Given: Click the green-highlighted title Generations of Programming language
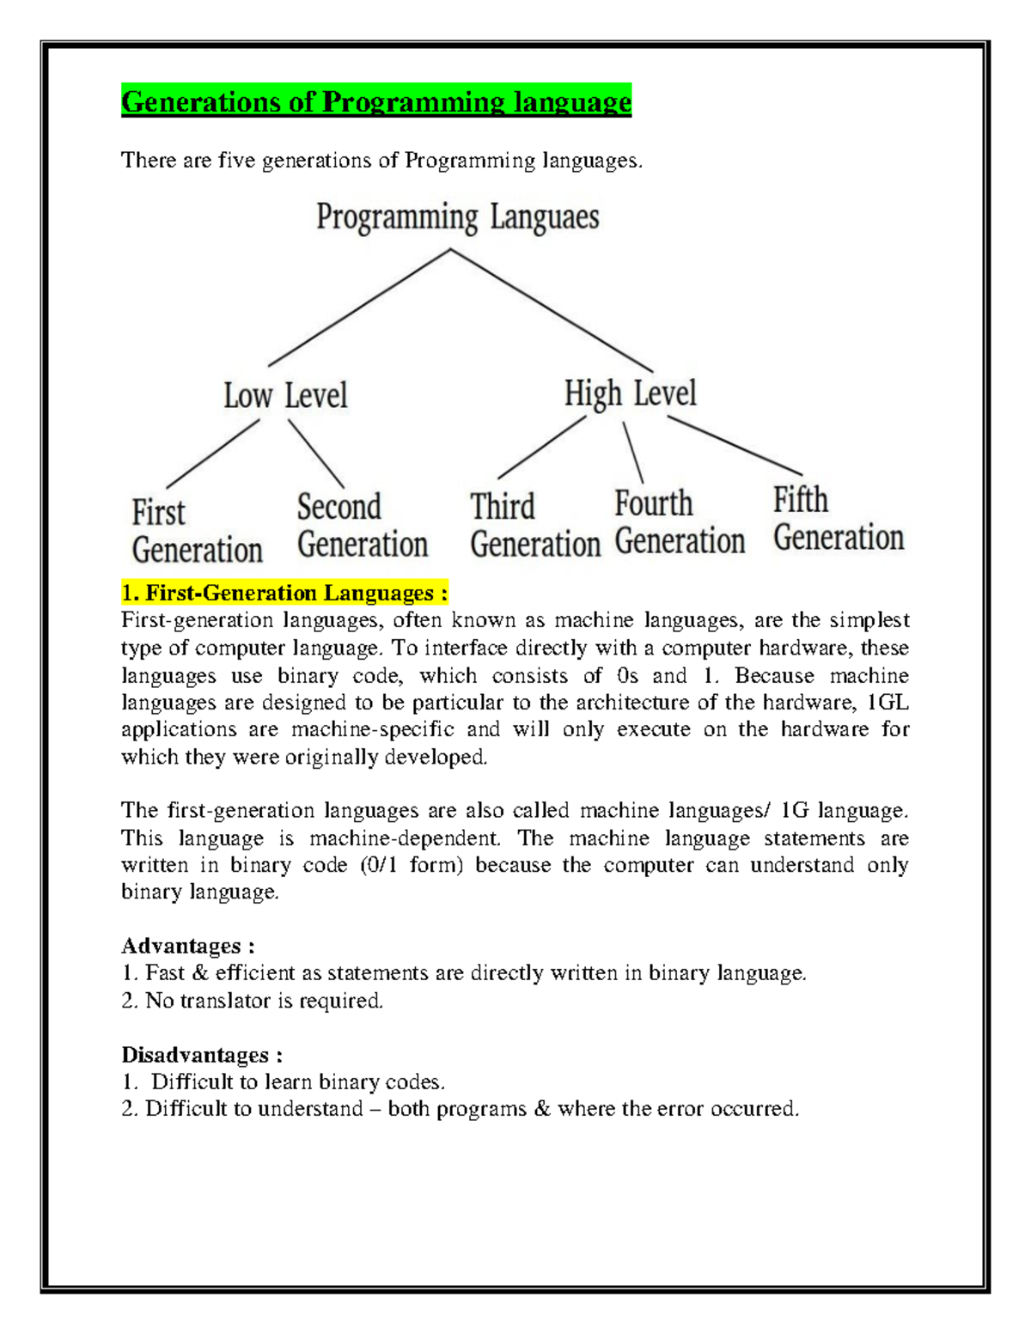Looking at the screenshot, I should tap(376, 101).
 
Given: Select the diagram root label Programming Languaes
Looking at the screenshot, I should tap(457, 217).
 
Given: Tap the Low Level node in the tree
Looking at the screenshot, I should tap(285, 396).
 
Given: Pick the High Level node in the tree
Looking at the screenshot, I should tap(630, 393).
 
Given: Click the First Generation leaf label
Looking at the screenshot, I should tap(197, 531).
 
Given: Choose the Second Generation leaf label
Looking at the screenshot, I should tap(362, 526).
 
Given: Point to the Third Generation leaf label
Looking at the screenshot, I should tap(534, 525).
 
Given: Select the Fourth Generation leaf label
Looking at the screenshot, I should tap(679, 522).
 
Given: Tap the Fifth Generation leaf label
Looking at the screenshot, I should tap(838, 519).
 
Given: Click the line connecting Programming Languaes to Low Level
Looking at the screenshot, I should tap(359, 308).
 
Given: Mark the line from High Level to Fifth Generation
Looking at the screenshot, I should tap(735, 445).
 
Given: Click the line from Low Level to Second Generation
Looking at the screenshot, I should tap(316, 454).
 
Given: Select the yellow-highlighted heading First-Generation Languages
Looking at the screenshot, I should tap(284, 593).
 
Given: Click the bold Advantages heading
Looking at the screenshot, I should tap(187, 946).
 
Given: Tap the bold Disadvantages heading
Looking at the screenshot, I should tap(202, 1055).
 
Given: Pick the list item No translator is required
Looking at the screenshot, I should tap(253, 1001).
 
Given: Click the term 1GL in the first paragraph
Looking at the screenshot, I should tap(888, 703).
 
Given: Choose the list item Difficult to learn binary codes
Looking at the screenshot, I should tap(284, 1082).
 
